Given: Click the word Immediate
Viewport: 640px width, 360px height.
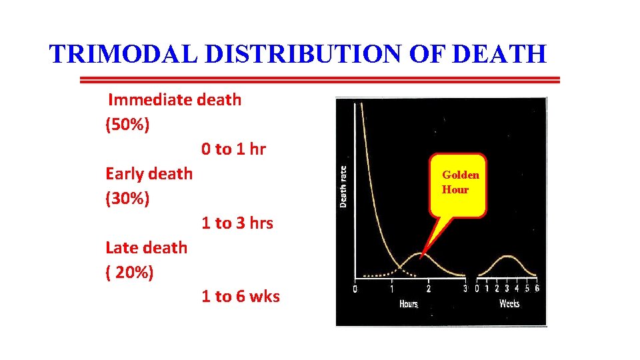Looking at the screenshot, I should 151,100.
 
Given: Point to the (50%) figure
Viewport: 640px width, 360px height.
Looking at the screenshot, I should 127,125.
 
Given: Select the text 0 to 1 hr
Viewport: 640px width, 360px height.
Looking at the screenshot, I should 233,149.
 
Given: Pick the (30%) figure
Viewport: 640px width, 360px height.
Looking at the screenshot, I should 127,199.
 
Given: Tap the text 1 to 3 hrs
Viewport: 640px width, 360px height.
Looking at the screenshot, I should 237,223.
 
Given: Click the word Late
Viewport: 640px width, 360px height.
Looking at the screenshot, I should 124,248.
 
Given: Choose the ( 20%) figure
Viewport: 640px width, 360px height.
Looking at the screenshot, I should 129,273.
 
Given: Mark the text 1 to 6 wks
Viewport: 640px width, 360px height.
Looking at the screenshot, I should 241,297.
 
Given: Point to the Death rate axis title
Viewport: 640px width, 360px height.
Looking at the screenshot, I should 343,187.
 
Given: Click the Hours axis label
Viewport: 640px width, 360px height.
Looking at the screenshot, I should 409,304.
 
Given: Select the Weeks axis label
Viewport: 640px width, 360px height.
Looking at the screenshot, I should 509,304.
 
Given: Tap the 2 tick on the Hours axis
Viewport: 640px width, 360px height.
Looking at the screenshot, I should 428,289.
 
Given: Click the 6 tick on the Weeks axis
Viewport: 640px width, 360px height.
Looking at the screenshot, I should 537,289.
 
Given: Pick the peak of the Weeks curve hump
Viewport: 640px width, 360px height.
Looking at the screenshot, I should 508,256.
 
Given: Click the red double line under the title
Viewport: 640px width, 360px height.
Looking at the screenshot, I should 320,80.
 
